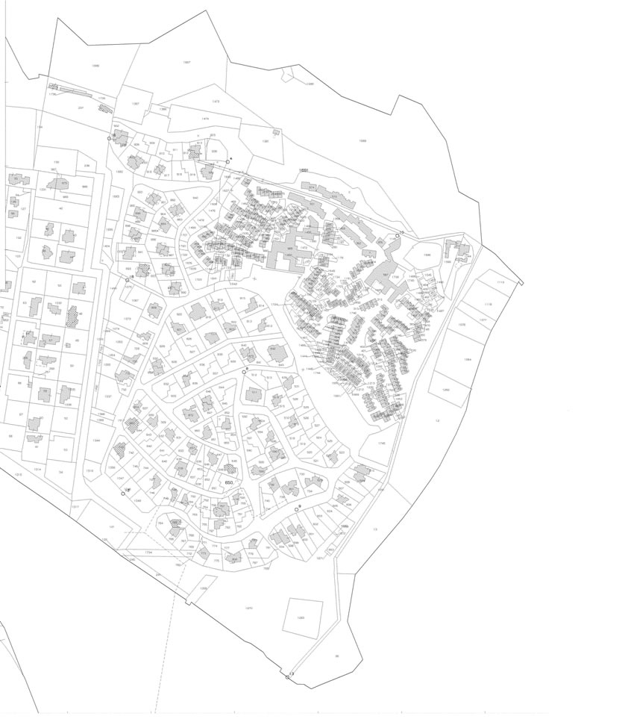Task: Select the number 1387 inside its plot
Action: click(135, 104)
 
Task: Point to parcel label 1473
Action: click(216, 101)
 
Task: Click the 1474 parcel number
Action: click(205, 118)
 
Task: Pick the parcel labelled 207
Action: click(81, 108)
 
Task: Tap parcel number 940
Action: click(195, 198)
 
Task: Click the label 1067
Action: click(135, 300)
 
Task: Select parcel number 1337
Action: click(108, 396)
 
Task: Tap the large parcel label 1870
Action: click(249, 608)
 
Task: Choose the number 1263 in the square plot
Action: click(301, 617)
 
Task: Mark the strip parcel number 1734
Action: click(148, 552)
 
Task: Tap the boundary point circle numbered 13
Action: click(287, 676)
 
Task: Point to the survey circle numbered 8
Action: click(244, 371)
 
